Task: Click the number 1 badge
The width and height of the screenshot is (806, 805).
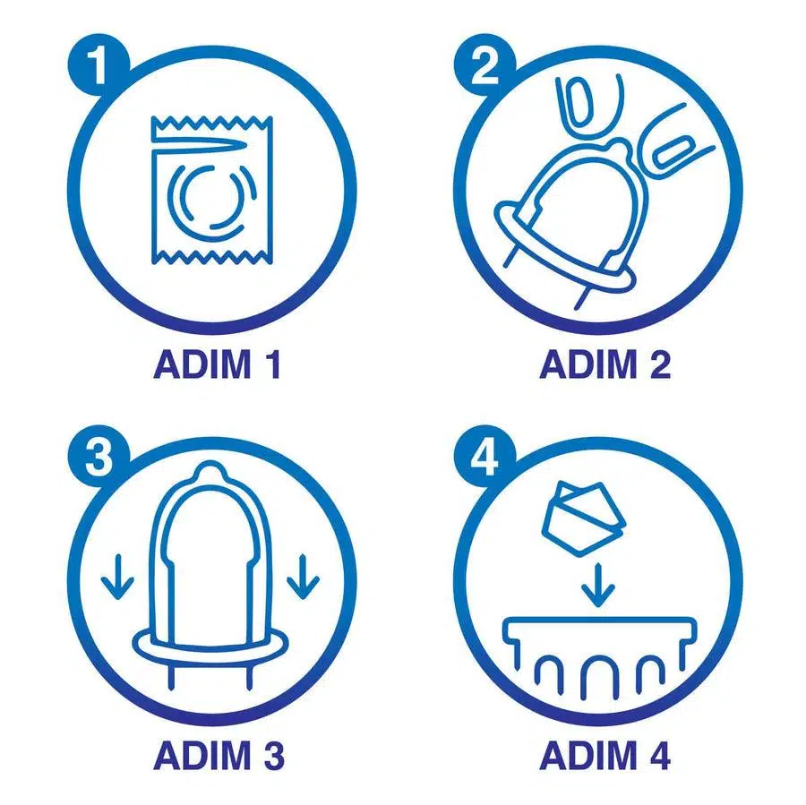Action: [99, 64]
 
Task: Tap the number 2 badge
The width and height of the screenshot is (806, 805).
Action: [484, 64]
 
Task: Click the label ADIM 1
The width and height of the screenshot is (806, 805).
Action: [217, 364]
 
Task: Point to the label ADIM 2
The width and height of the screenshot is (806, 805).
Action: [605, 364]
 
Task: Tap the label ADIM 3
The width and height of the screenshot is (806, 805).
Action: [219, 755]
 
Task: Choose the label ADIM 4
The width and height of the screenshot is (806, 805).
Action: [605, 755]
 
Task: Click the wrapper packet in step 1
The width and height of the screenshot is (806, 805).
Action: [211, 191]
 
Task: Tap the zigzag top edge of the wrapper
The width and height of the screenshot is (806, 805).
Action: [211, 123]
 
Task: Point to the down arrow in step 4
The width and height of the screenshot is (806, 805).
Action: [598, 586]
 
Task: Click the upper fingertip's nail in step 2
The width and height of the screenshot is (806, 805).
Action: [580, 102]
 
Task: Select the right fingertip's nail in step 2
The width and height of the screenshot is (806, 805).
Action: [673, 151]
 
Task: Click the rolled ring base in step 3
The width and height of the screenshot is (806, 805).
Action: [210, 645]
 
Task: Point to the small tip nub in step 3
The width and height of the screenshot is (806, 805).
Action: [210, 469]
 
